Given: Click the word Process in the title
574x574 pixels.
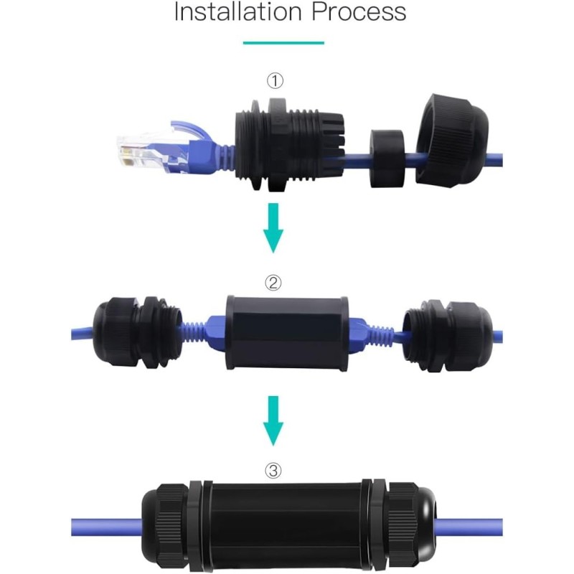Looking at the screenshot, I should pyautogui.click(x=365, y=11).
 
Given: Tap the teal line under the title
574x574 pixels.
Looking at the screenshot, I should pyautogui.click(x=283, y=43).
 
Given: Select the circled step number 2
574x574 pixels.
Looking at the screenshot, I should pyautogui.click(x=273, y=282).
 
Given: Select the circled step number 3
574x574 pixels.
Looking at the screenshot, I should pyautogui.click(x=273, y=471).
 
